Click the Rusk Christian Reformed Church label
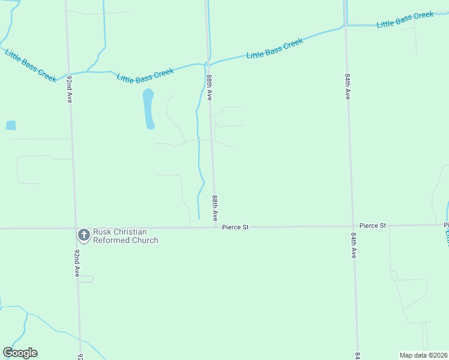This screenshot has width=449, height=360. tap(125, 236)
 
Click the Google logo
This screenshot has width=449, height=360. tap(20, 353)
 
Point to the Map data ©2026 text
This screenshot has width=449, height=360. tap(423, 355)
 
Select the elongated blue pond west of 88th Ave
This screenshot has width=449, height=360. tap(148, 109)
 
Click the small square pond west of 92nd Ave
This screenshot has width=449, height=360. tap(11, 125)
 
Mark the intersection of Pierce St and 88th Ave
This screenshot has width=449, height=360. tap(215, 227)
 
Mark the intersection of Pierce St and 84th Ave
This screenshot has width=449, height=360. tap(353, 226)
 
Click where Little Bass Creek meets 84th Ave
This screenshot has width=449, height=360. tap(346, 25)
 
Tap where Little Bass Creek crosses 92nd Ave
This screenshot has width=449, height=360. tap(68, 73)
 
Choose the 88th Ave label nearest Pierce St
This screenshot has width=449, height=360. tap(214, 207)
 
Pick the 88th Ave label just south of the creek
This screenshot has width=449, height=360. tap(209, 88)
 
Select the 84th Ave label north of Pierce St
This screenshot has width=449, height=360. tap(348, 87)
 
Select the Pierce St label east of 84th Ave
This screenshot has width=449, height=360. tap(373, 226)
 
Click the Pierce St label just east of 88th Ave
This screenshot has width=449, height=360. tap(235, 227)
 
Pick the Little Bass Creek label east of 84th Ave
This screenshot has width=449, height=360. tap(405, 20)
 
